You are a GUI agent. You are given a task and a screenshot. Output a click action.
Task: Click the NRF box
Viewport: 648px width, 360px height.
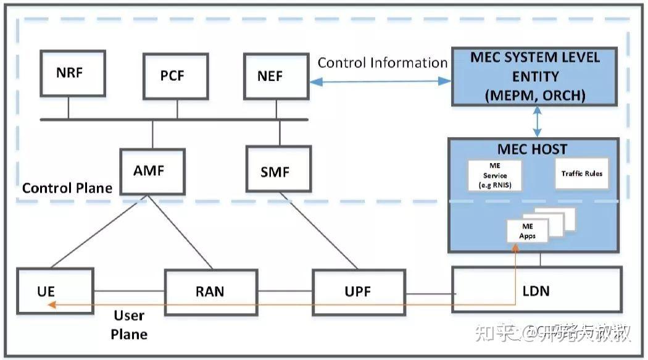69,73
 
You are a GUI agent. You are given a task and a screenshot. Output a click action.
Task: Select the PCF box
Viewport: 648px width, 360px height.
172,76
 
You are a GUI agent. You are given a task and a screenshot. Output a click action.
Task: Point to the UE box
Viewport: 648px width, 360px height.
55,290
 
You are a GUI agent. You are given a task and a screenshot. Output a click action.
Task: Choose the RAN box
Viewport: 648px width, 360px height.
210,290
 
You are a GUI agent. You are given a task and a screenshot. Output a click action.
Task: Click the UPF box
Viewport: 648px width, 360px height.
359,291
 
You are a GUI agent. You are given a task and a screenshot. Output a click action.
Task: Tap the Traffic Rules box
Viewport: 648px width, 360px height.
581,174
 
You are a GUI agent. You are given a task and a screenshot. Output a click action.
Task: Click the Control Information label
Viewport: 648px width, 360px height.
382,63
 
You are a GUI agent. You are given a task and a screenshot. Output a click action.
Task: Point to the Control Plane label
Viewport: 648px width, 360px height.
67,188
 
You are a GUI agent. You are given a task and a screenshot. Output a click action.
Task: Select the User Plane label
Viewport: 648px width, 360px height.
130,325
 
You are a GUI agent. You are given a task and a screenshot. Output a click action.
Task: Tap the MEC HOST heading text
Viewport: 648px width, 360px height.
532,149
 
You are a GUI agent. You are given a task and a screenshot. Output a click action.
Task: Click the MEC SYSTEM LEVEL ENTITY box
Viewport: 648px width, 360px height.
535,77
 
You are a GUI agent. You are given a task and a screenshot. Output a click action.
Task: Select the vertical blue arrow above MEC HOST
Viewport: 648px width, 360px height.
538,121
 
